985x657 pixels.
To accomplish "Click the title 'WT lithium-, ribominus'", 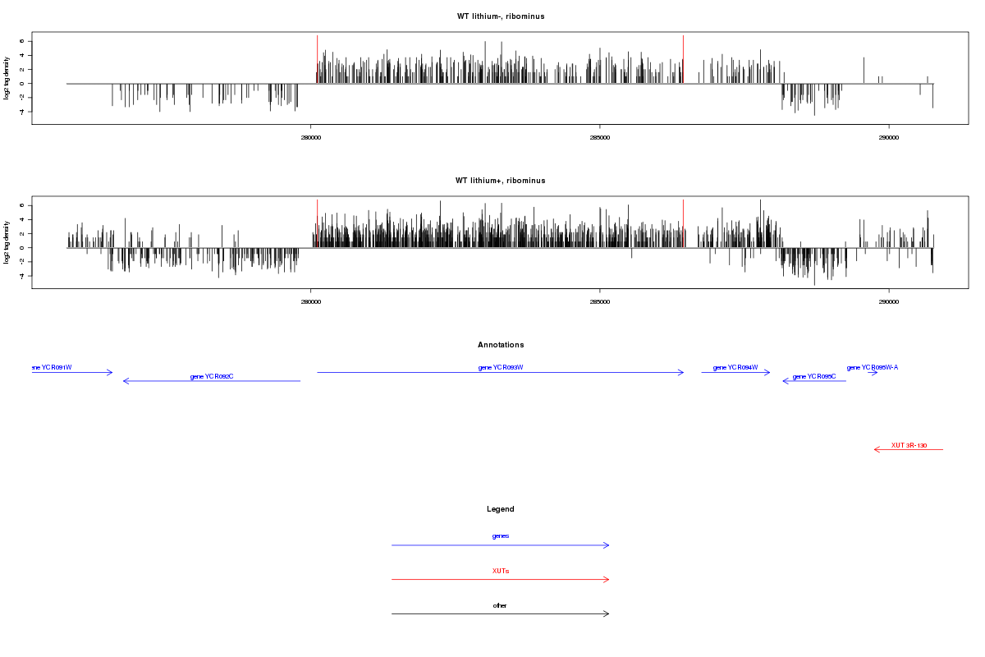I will click(501, 16).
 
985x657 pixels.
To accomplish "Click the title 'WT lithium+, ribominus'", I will click(501, 181).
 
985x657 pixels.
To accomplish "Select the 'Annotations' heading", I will click(501, 345).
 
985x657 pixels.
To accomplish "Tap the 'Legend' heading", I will click(501, 509).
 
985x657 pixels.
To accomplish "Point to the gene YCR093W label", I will click(501, 367).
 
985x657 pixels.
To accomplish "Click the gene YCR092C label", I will click(212, 376).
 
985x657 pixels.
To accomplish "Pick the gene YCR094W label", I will click(735, 367).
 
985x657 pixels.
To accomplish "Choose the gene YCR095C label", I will click(814, 376).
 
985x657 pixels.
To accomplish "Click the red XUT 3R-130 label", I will click(909, 445).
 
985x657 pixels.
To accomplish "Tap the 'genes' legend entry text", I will click(501, 535).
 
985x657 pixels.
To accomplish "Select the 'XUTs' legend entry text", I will click(501, 570).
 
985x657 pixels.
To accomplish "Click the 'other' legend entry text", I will click(501, 605).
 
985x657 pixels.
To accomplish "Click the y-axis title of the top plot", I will click(7, 78).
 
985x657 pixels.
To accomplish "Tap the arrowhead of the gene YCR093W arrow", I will click(681, 373).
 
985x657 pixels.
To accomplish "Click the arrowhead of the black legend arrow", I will click(607, 613).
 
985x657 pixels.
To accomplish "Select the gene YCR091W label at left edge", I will click(51, 367).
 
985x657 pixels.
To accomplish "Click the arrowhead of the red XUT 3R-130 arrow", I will click(877, 449).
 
